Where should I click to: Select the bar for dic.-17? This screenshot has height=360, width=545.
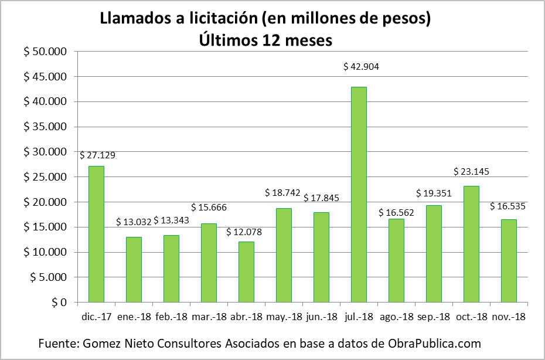[x=96, y=235]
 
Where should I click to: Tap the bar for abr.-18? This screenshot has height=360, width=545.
[x=246, y=272]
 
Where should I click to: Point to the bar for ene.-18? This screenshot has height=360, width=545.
[x=134, y=270]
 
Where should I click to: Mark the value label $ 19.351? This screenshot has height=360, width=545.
[x=434, y=193]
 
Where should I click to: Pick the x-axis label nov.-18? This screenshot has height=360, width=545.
[x=508, y=317]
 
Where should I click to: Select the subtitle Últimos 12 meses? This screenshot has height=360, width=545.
[x=265, y=40]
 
